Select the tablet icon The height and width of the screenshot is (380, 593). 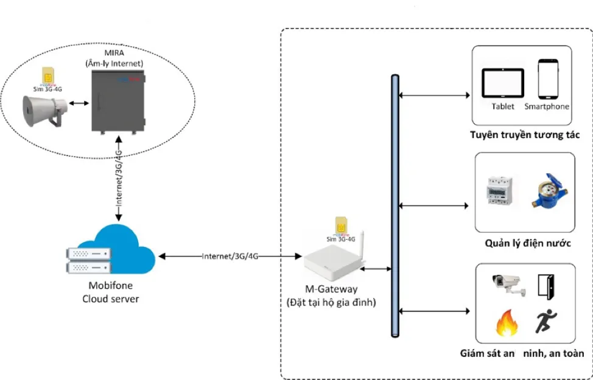502,83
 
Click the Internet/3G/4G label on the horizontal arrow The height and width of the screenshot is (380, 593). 230,257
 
